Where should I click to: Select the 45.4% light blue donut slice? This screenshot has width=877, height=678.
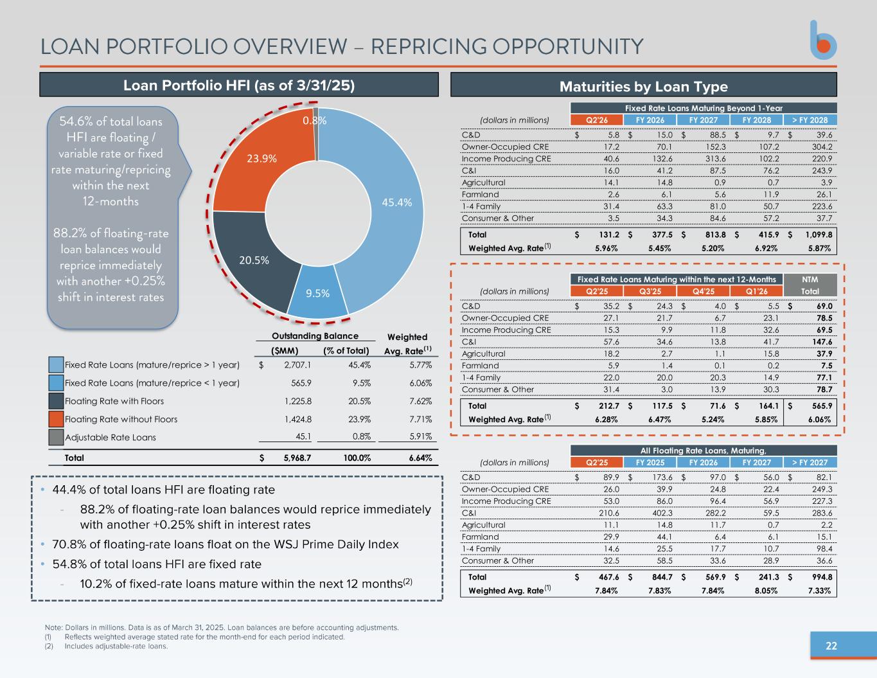coord(385,199)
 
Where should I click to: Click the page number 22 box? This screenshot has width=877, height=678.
coord(831,646)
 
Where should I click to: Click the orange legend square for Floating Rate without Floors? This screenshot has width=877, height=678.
coord(57,419)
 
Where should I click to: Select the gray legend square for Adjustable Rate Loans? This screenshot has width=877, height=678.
coord(57,437)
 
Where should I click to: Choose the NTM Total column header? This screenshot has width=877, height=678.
coord(810,285)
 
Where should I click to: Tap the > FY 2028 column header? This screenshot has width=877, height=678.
coord(810,120)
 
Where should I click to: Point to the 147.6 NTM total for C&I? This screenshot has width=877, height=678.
coord(820,342)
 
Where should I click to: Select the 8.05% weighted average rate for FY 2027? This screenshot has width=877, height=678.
coord(765,591)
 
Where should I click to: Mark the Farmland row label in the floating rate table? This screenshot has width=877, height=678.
coord(480,537)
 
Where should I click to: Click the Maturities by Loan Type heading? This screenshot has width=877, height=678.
coord(643,87)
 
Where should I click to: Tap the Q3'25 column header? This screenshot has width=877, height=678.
coord(650,291)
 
